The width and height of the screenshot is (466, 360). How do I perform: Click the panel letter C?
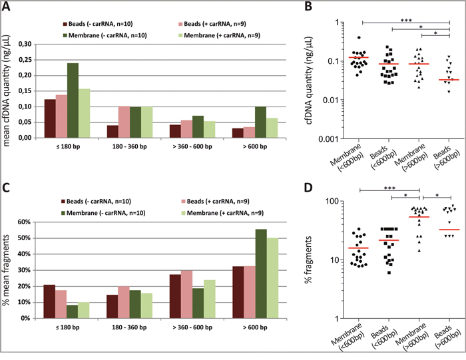coord(7,187)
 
